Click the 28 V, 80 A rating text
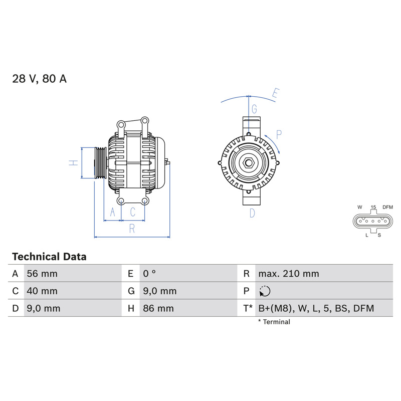click(40, 79)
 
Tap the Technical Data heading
click(49, 257)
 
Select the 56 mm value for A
click(42, 274)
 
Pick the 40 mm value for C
click(42, 291)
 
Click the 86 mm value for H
click(158, 308)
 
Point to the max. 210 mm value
click(289, 274)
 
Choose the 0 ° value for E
click(149, 273)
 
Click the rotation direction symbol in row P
click(265, 291)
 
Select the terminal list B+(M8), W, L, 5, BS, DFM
click(316, 308)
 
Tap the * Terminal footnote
click(274, 322)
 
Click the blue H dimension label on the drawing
click(73, 162)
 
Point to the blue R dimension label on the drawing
click(132, 229)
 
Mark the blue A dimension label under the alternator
click(112, 212)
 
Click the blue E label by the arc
click(275, 93)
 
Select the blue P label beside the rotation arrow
click(279, 134)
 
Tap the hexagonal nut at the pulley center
click(248, 163)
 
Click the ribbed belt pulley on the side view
click(101, 163)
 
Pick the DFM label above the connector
click(387, 207)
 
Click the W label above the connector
click(360, 207)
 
